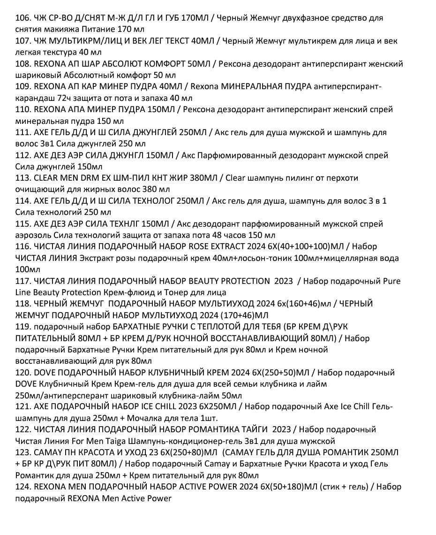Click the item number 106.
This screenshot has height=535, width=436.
click(x=23, y=18)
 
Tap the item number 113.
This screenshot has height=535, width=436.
click(x=23, y=178)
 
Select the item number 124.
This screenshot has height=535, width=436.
click(x=23, y=487)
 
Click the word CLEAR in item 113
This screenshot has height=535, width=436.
click(x=46, y=178)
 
